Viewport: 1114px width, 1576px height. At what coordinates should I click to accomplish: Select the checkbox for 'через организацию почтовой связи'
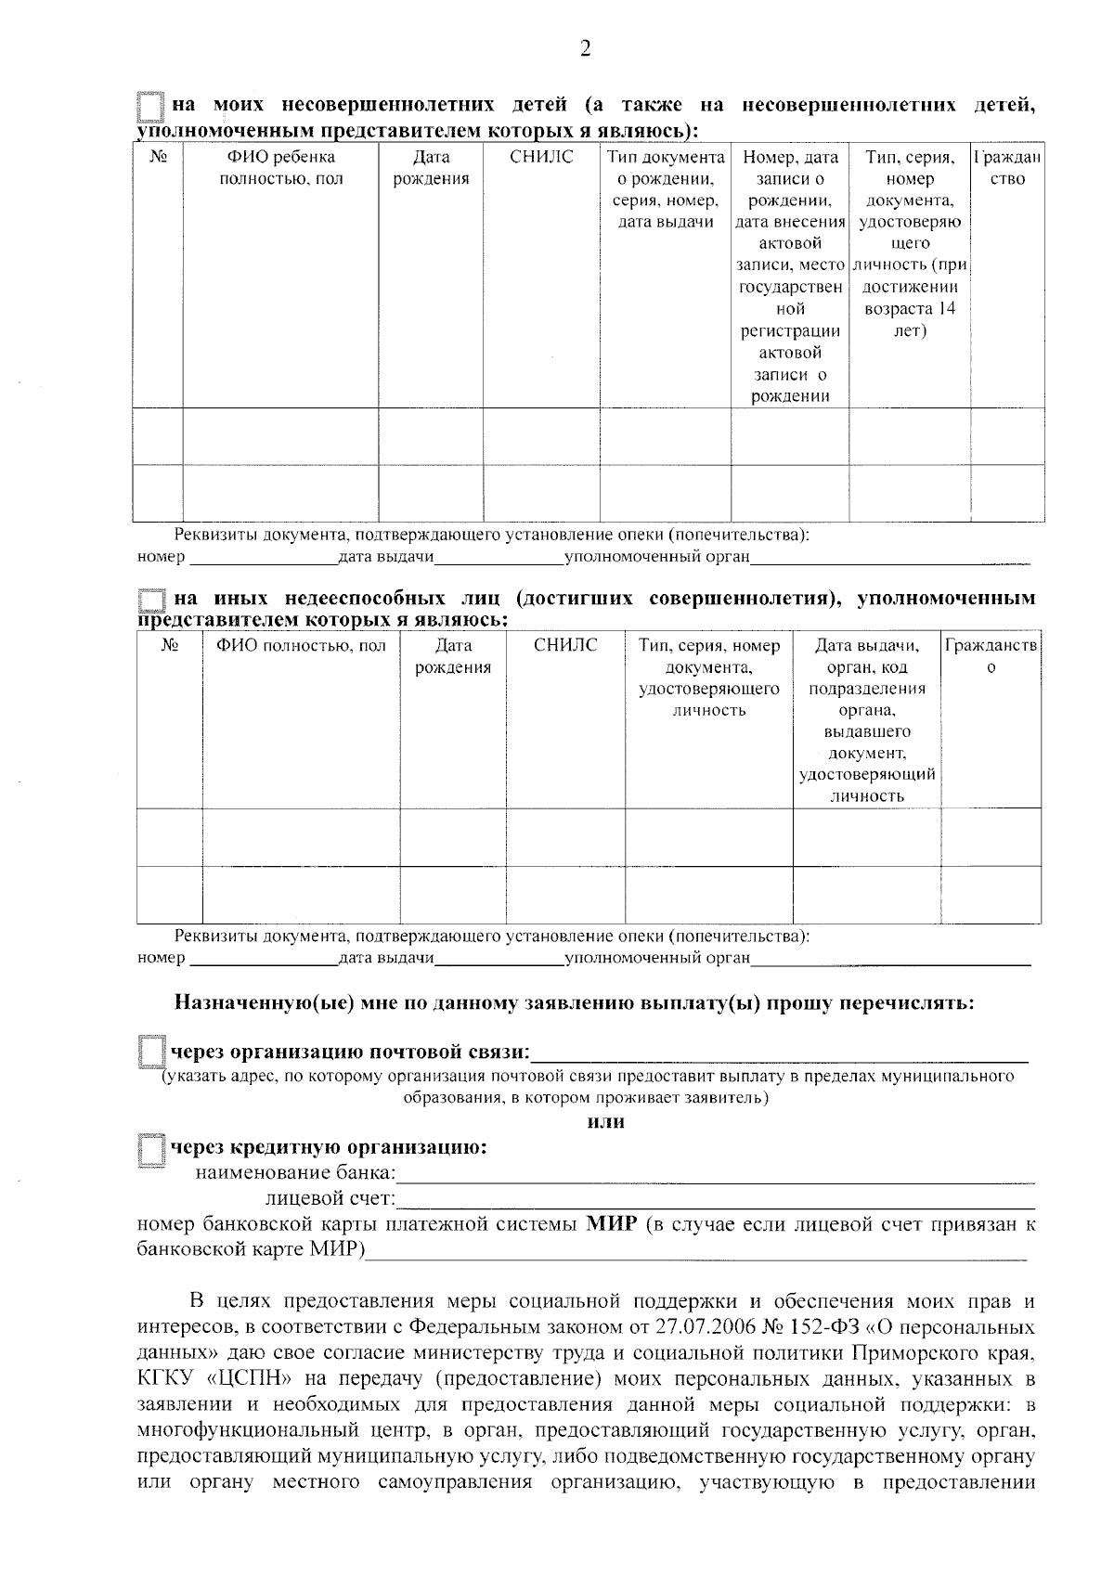pos(149,1053)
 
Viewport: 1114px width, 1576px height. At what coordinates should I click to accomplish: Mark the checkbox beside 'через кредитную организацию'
pos(149,1149)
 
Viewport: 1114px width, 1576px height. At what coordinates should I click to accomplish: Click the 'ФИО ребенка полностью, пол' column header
pos(280,168)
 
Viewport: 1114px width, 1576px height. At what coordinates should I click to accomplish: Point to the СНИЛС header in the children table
pos(541,158)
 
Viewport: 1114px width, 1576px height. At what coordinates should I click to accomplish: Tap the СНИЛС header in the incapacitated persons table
pos(565,645)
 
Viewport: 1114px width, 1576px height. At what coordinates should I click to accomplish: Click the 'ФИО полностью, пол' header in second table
pos(301,645)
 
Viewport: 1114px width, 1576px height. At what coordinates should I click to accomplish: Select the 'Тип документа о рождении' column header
pos(665,189)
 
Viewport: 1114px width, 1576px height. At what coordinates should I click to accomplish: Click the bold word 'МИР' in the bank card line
pos(612,1224)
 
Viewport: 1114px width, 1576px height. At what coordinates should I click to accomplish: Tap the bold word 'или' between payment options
pos(606,1122)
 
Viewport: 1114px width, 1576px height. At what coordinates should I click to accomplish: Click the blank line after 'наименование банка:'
pos(715,1177)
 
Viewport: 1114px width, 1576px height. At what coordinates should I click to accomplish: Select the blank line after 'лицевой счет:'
pos(715,1202)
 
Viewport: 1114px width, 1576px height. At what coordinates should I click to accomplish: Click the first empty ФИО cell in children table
pos(280,435)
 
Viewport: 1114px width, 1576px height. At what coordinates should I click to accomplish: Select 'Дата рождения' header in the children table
pos(431,168)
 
